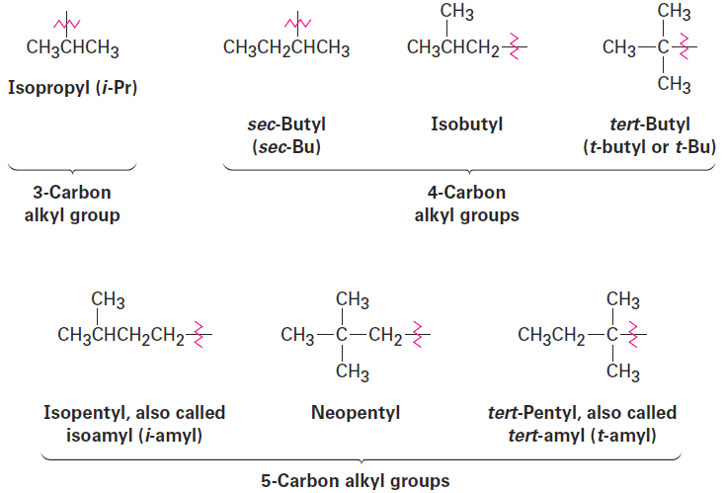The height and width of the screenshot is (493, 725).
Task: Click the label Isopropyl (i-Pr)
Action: point(72,87)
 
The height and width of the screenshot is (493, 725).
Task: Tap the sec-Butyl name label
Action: point(286,123)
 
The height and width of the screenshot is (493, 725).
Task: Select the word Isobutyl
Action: point(466,123)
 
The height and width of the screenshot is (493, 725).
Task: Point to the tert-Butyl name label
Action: point(650,123)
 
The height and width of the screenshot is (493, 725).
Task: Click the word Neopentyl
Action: point(356,413)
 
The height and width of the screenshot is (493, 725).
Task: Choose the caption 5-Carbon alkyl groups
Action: point(356,481)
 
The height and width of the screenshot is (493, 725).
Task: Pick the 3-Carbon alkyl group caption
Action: point(72,204)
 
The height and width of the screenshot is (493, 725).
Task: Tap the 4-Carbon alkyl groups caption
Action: point(466,204)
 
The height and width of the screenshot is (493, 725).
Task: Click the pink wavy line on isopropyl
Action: point(67,23)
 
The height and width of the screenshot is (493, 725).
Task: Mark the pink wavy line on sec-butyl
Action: point(297,23)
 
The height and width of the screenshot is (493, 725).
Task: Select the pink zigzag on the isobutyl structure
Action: point(514,46)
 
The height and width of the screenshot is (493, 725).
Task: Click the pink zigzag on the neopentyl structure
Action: point(417,334)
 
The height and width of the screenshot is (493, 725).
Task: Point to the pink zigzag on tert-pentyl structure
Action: point(633,334)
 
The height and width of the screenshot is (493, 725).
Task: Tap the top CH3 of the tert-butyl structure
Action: point(674,12)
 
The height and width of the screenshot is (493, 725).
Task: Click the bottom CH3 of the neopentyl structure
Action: point(353,371)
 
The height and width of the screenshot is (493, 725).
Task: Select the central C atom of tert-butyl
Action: point(663,47)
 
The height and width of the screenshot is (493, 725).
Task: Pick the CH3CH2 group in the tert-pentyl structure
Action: point(551,335)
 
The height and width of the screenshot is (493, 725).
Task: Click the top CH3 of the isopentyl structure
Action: point(108,299)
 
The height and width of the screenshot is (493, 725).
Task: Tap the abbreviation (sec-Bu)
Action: point(286,147)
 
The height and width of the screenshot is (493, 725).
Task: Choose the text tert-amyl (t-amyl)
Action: point(582,435)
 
